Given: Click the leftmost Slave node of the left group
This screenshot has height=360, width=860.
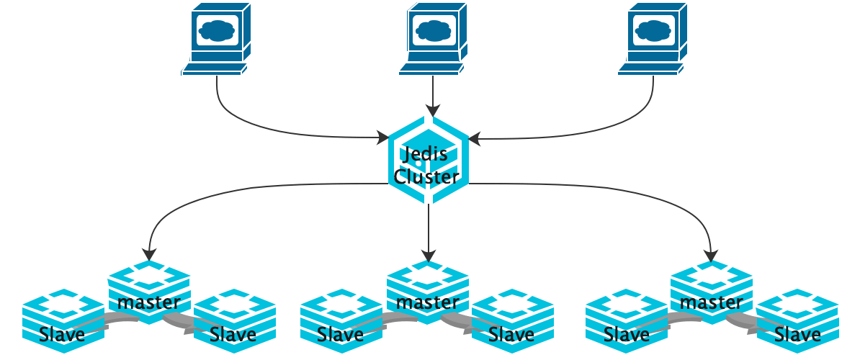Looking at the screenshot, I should point(63,320).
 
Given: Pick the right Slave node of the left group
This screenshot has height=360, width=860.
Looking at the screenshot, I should point(234,320).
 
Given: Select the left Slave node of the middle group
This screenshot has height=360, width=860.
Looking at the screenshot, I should point(341,320).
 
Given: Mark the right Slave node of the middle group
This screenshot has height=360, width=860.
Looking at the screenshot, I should point(512,320).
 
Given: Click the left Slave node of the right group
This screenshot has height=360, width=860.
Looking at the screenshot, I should point(626,320).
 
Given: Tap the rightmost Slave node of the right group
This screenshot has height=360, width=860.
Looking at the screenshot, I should point(797,320).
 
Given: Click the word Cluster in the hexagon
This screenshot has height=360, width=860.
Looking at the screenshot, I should point(426,176).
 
